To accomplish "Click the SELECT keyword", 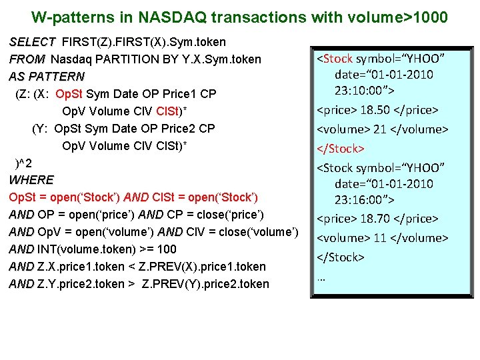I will [32, 42].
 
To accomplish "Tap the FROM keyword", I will [27, 59].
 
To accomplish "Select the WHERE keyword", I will [31, 180].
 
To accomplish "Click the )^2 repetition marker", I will [24, 163].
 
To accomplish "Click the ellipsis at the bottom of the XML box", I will [321, 277].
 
